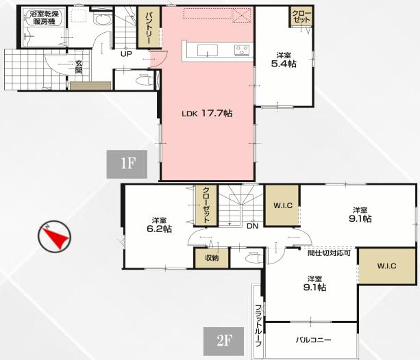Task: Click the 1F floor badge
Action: (x=127, y=164)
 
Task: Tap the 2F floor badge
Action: (x=223, y=341)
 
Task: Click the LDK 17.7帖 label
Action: (x=207, y=113)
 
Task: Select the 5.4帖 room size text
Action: (x=284, y=64)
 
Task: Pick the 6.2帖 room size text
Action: (x=160, y=229)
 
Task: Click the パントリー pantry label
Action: (x=149, y=28)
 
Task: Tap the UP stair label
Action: (x=126, y=54)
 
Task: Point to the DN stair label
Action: (x=252, y=226)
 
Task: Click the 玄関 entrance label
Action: (x=79, y=67)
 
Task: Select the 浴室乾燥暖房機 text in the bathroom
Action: (x=44, y=18)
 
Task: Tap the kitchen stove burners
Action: (x=242, y=50)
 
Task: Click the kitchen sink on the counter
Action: (x=208, y=51)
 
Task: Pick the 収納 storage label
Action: (x=212, y=258)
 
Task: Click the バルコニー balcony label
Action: (x=313, y=340)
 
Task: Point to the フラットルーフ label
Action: (x=258, y=326)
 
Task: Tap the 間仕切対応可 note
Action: (x=329, y=253)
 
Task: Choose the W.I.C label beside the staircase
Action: (x=283, y=205)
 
